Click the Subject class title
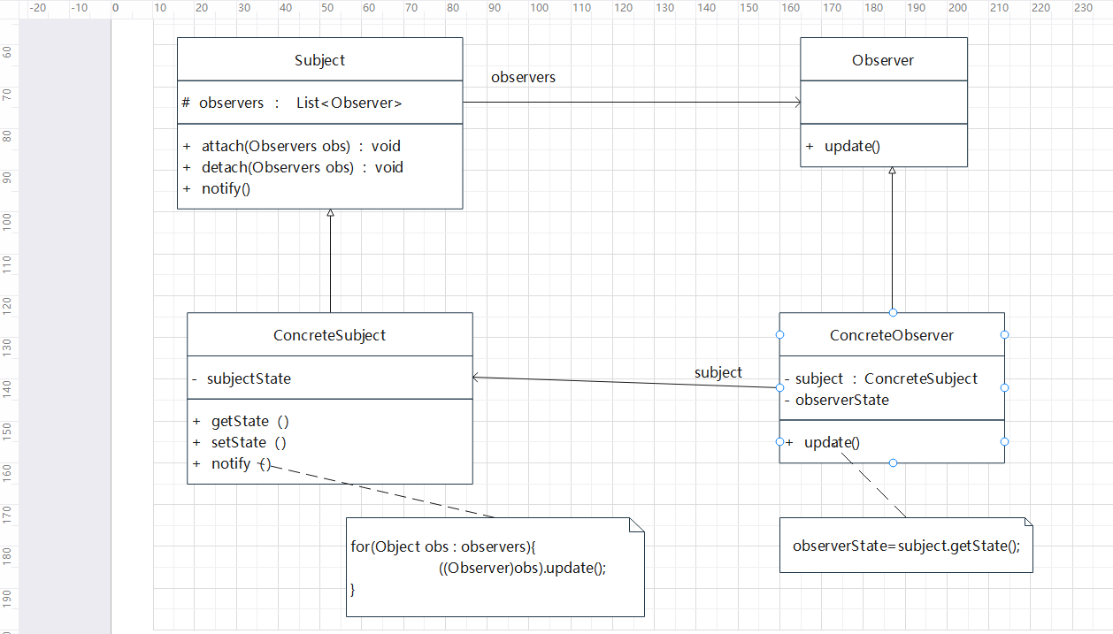click(319, 60)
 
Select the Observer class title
click(883, 60)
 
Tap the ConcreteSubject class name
click(329, 335)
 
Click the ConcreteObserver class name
click(891, 335)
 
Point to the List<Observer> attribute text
click(349, 103)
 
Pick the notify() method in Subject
click(220, 188)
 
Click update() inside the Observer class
click(852, 146)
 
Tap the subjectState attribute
click(249, 378)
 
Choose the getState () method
click(249, 422)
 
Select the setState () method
click(249, 442)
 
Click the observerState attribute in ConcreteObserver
click(841, 400)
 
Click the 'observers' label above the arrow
click(523, 77)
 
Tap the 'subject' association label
click(718, 372)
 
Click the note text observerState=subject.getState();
click(906, 546)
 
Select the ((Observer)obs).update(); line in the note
click(522, 568)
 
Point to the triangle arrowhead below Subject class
click(330, 213)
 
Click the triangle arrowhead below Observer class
click(893, 171)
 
